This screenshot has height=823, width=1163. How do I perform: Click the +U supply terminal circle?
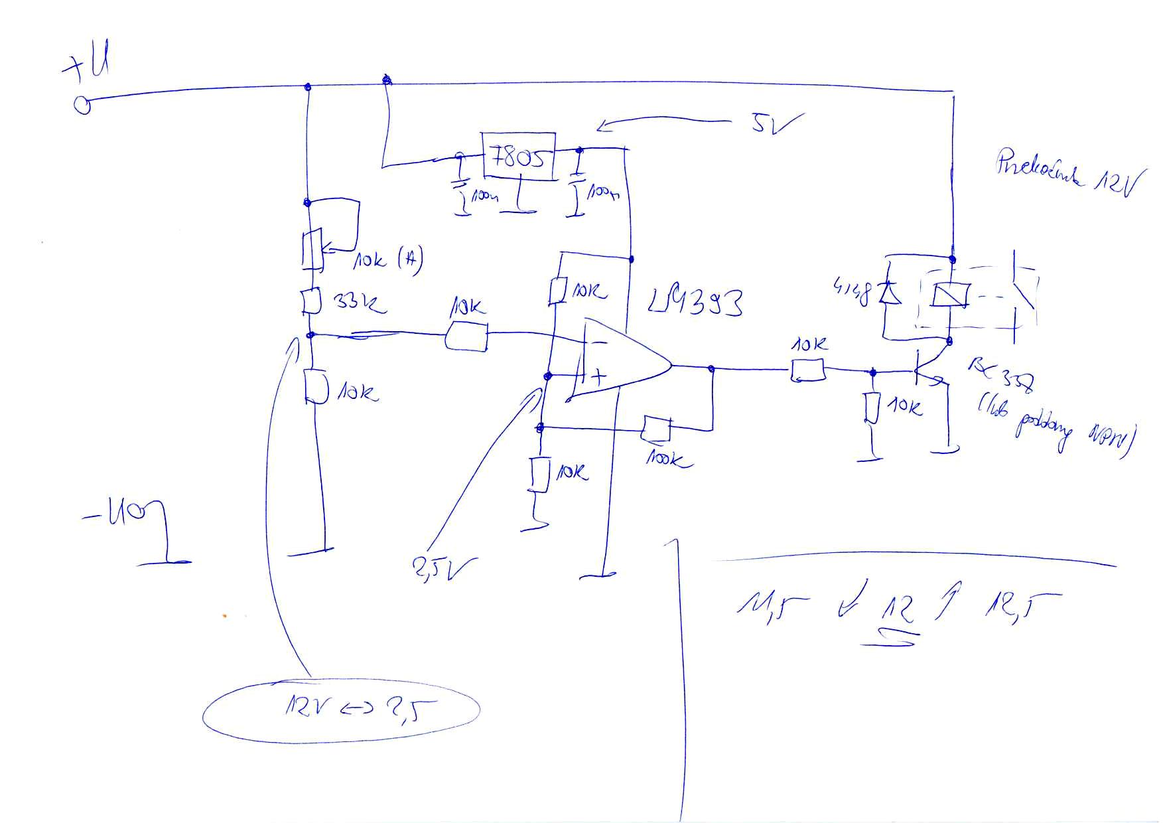click(x=83, y=105)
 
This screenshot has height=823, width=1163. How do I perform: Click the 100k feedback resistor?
click(x=657, y=429)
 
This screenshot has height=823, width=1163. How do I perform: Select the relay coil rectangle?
click(x=950, y=294)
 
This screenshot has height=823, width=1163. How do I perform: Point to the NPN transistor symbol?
click(x=925, y=373)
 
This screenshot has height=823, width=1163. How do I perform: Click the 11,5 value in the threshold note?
click(x=774, y=605)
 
